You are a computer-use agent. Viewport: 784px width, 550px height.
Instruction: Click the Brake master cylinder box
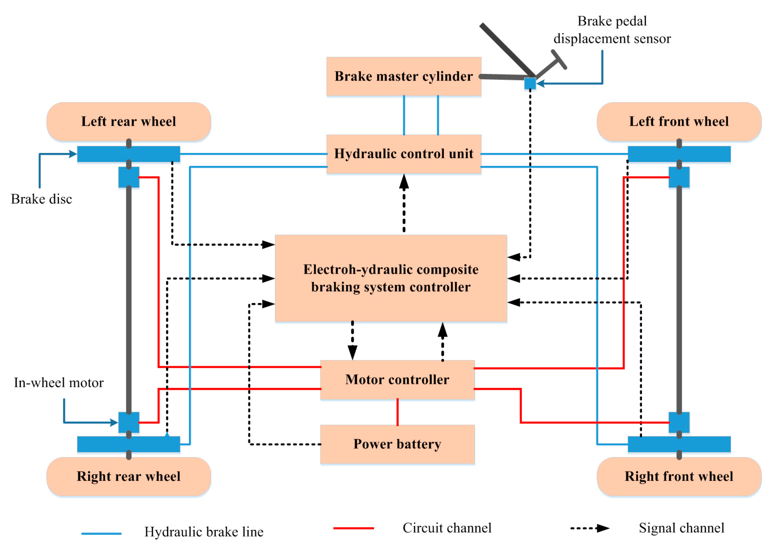[404, 77]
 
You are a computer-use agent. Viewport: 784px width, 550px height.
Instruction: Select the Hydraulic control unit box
[404, 154]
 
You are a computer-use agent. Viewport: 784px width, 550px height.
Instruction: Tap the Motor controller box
[397, 380]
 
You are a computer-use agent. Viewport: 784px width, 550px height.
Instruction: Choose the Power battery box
[397, 444]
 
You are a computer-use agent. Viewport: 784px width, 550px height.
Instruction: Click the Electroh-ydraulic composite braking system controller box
[391, 278]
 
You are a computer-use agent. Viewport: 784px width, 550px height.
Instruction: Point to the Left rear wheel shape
[129, 121]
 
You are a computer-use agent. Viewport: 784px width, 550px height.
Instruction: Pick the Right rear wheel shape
[129, 476]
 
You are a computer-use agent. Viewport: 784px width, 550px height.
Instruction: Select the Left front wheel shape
[679, 121]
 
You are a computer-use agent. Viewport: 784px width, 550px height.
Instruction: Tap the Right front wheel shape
[679, 476]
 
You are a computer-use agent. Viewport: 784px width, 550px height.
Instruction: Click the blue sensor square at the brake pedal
[530, 83]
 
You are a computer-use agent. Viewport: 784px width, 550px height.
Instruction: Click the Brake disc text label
[41, 199]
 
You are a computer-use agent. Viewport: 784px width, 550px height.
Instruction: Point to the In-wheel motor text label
[59, 383]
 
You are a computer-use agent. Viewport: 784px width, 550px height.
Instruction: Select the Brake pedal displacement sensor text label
[612, 30]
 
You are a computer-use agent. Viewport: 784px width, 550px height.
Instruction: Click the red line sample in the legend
[354, 528]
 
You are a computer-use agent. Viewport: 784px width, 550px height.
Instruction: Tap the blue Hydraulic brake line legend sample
[102, 533]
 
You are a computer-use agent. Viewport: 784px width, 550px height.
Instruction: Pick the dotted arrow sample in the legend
[590, 528]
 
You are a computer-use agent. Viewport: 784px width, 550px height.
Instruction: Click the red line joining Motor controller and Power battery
[397, 412]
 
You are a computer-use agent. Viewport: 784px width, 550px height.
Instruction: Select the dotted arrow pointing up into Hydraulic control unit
[404, 203]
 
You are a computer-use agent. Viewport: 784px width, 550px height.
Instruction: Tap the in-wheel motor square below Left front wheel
[679, 177]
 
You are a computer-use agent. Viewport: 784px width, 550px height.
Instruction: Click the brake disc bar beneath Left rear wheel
[129, 154]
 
